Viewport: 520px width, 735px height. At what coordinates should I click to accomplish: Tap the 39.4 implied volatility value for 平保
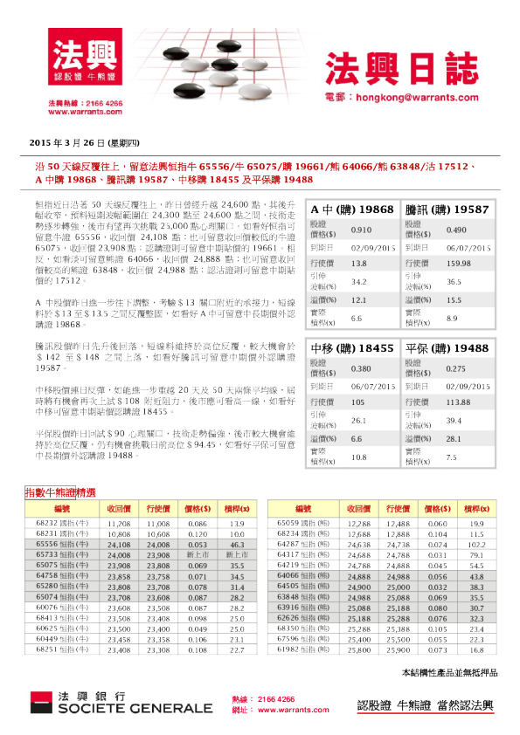coord(454,421)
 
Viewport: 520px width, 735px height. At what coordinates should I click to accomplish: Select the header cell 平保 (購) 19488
coord(447,347)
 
